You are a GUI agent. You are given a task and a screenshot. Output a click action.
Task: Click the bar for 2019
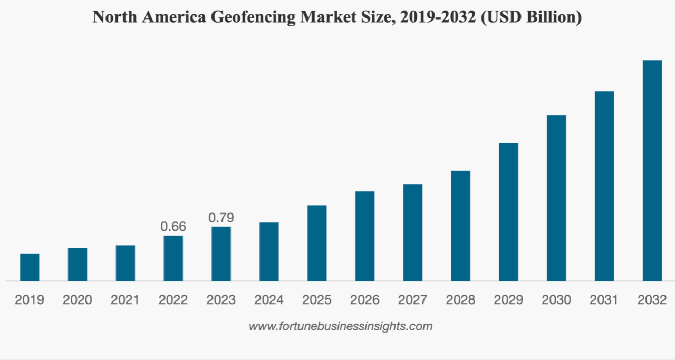(x=30, y=267)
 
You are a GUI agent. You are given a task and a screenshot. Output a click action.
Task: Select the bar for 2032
(x=652, y=170)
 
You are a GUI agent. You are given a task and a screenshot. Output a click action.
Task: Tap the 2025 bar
(x=317, y=243)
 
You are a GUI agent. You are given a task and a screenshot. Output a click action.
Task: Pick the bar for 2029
(x=508, y=212)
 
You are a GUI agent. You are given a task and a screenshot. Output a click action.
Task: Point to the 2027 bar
(x=413, y=232)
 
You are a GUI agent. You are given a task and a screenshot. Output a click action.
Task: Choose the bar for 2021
(x=126, y=263)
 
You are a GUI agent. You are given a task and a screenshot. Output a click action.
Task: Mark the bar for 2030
(x=556, y=198)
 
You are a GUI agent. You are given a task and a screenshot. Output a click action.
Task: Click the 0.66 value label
(x=173, y=227)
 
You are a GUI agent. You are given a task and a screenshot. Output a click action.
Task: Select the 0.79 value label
(x=221, y=218)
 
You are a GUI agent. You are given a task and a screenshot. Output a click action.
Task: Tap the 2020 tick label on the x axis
(x=78, y=300)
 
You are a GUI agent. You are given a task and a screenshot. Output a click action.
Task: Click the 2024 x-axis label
(x=269, y=300)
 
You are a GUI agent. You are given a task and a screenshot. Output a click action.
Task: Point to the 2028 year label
(x=460, y=300)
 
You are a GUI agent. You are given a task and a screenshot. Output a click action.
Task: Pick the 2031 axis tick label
(x=604, y=300)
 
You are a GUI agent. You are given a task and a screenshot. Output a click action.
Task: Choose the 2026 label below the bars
(x=365, y=300)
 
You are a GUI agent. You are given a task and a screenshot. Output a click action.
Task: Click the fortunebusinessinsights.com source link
(x=341, y=326)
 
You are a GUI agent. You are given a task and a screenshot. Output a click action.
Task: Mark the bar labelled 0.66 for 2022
(x=173, y=258)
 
